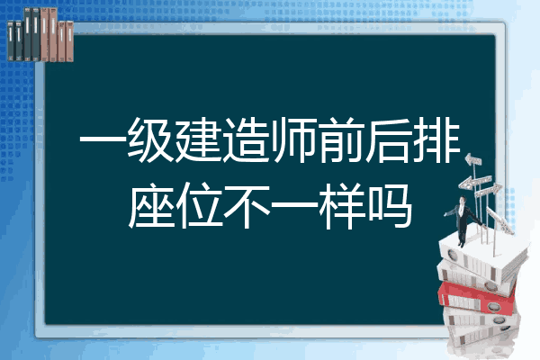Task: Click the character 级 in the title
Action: pos(150,139)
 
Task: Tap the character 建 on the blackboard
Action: pos(198,139)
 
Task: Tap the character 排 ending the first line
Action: pos(436,139)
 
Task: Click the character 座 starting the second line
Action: pos(151,205)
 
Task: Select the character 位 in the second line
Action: pos(200,205)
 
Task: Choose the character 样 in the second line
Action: pos(342,205)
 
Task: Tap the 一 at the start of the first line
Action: pos(103,140)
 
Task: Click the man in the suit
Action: pos(463,220)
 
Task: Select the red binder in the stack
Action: pos(477,297)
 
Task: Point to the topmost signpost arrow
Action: pos(473,159)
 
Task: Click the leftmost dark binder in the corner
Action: pos(11,41)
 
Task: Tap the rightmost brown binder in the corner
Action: pos(69,41)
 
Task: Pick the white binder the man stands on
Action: pos(482,256)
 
